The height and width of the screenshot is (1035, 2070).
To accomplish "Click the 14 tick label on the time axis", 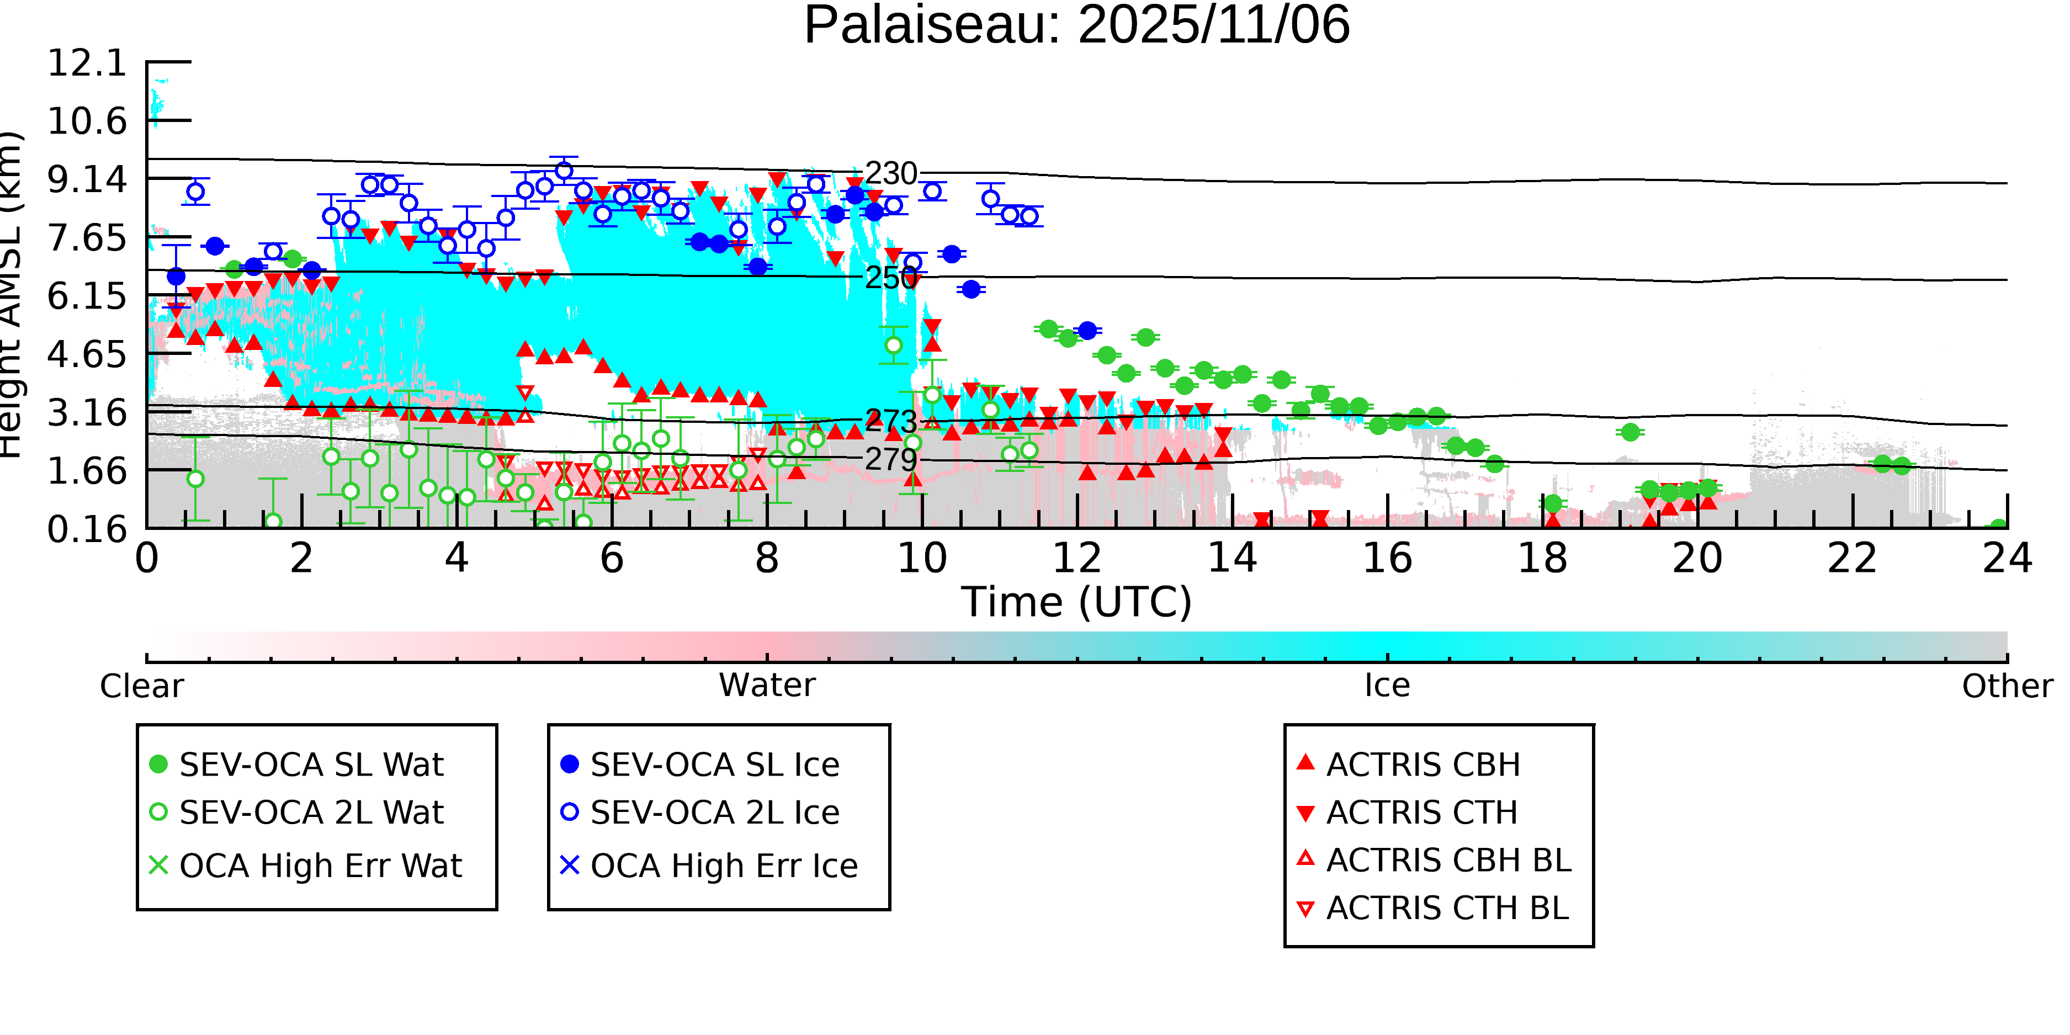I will point(1232,559).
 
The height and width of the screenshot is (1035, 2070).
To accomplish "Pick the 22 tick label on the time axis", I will point(1852,559).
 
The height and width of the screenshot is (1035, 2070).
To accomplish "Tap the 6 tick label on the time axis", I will point(612,559).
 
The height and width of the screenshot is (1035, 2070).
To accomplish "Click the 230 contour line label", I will point(890,173).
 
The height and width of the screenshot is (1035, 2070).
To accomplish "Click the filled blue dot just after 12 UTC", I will point(1087,330).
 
